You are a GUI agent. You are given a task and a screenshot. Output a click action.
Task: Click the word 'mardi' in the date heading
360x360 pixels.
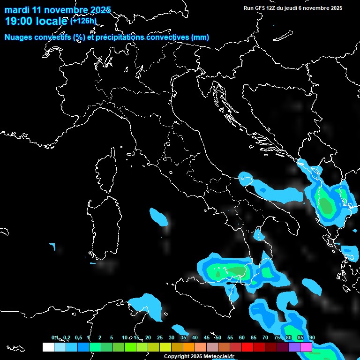[17, 10]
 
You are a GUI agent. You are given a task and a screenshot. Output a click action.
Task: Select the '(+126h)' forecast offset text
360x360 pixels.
[83, 21]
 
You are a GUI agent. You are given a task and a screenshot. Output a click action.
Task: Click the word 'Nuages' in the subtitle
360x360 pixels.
[18, 37]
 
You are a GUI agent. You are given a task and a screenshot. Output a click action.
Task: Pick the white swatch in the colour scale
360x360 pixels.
[48, 347]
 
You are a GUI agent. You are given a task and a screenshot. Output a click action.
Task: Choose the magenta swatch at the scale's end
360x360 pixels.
[306, 347]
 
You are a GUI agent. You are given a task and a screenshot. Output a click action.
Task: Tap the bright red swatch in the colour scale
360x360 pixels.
[247, 347]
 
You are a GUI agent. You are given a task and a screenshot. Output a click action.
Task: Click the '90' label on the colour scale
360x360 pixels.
[312, 338]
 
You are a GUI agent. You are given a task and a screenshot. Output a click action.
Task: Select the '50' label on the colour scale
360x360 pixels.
[218, 338]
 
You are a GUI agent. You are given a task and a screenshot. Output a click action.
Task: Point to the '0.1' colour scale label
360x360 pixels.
[55, 338]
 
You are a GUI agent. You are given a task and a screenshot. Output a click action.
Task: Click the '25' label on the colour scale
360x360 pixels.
[160, 338]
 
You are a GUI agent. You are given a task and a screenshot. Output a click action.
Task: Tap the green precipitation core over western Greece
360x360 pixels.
[325, 205]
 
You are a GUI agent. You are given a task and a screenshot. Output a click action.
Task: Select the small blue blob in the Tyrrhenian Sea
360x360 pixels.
[158, 216]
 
